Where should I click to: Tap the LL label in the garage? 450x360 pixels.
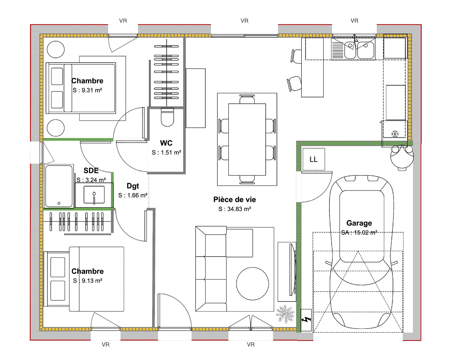tap(313, 159)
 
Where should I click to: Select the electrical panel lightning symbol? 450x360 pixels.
tap(306, 319)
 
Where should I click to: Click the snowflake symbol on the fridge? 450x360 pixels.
tap(395, 134)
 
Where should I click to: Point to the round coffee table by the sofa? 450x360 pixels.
tap(252, 283)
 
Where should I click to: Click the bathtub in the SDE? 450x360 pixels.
tap(59, 186)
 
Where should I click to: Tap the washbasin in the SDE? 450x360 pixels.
tap(94, 195)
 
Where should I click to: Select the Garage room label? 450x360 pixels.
tap(359, 223)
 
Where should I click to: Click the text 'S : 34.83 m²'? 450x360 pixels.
tap(235, 209)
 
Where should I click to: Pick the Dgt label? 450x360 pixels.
tap(133, 186)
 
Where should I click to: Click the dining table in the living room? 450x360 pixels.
tap(247, 139)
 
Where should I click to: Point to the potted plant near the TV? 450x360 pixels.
tap(285, 314)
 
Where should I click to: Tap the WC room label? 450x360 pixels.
tap(166, 143)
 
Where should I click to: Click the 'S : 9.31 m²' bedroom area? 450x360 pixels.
tap(87, 90)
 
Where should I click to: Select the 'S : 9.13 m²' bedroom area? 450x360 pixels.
tap(88, 280)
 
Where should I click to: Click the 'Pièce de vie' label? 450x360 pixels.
tap(235, 199)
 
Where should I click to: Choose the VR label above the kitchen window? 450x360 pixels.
tap(354, 21)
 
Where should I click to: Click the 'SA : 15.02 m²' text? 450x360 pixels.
tap(359, 232)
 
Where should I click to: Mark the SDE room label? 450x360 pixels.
tap(91, 170)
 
